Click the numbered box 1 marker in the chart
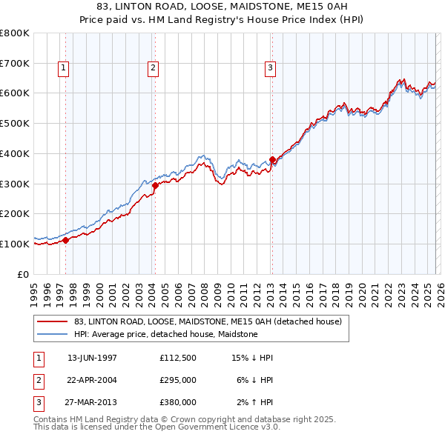[x=63, y=68]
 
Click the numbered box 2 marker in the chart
[x=153, y=68]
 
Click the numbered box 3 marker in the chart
[x=270, y=68]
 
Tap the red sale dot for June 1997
[x=65, y=240]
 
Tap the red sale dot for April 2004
[x=155, y=185]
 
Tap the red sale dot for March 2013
[x=272, y=159]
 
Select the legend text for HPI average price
[x=165, y=334]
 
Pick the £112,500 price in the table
[x=177, y=358]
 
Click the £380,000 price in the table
[x=177, y=402]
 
